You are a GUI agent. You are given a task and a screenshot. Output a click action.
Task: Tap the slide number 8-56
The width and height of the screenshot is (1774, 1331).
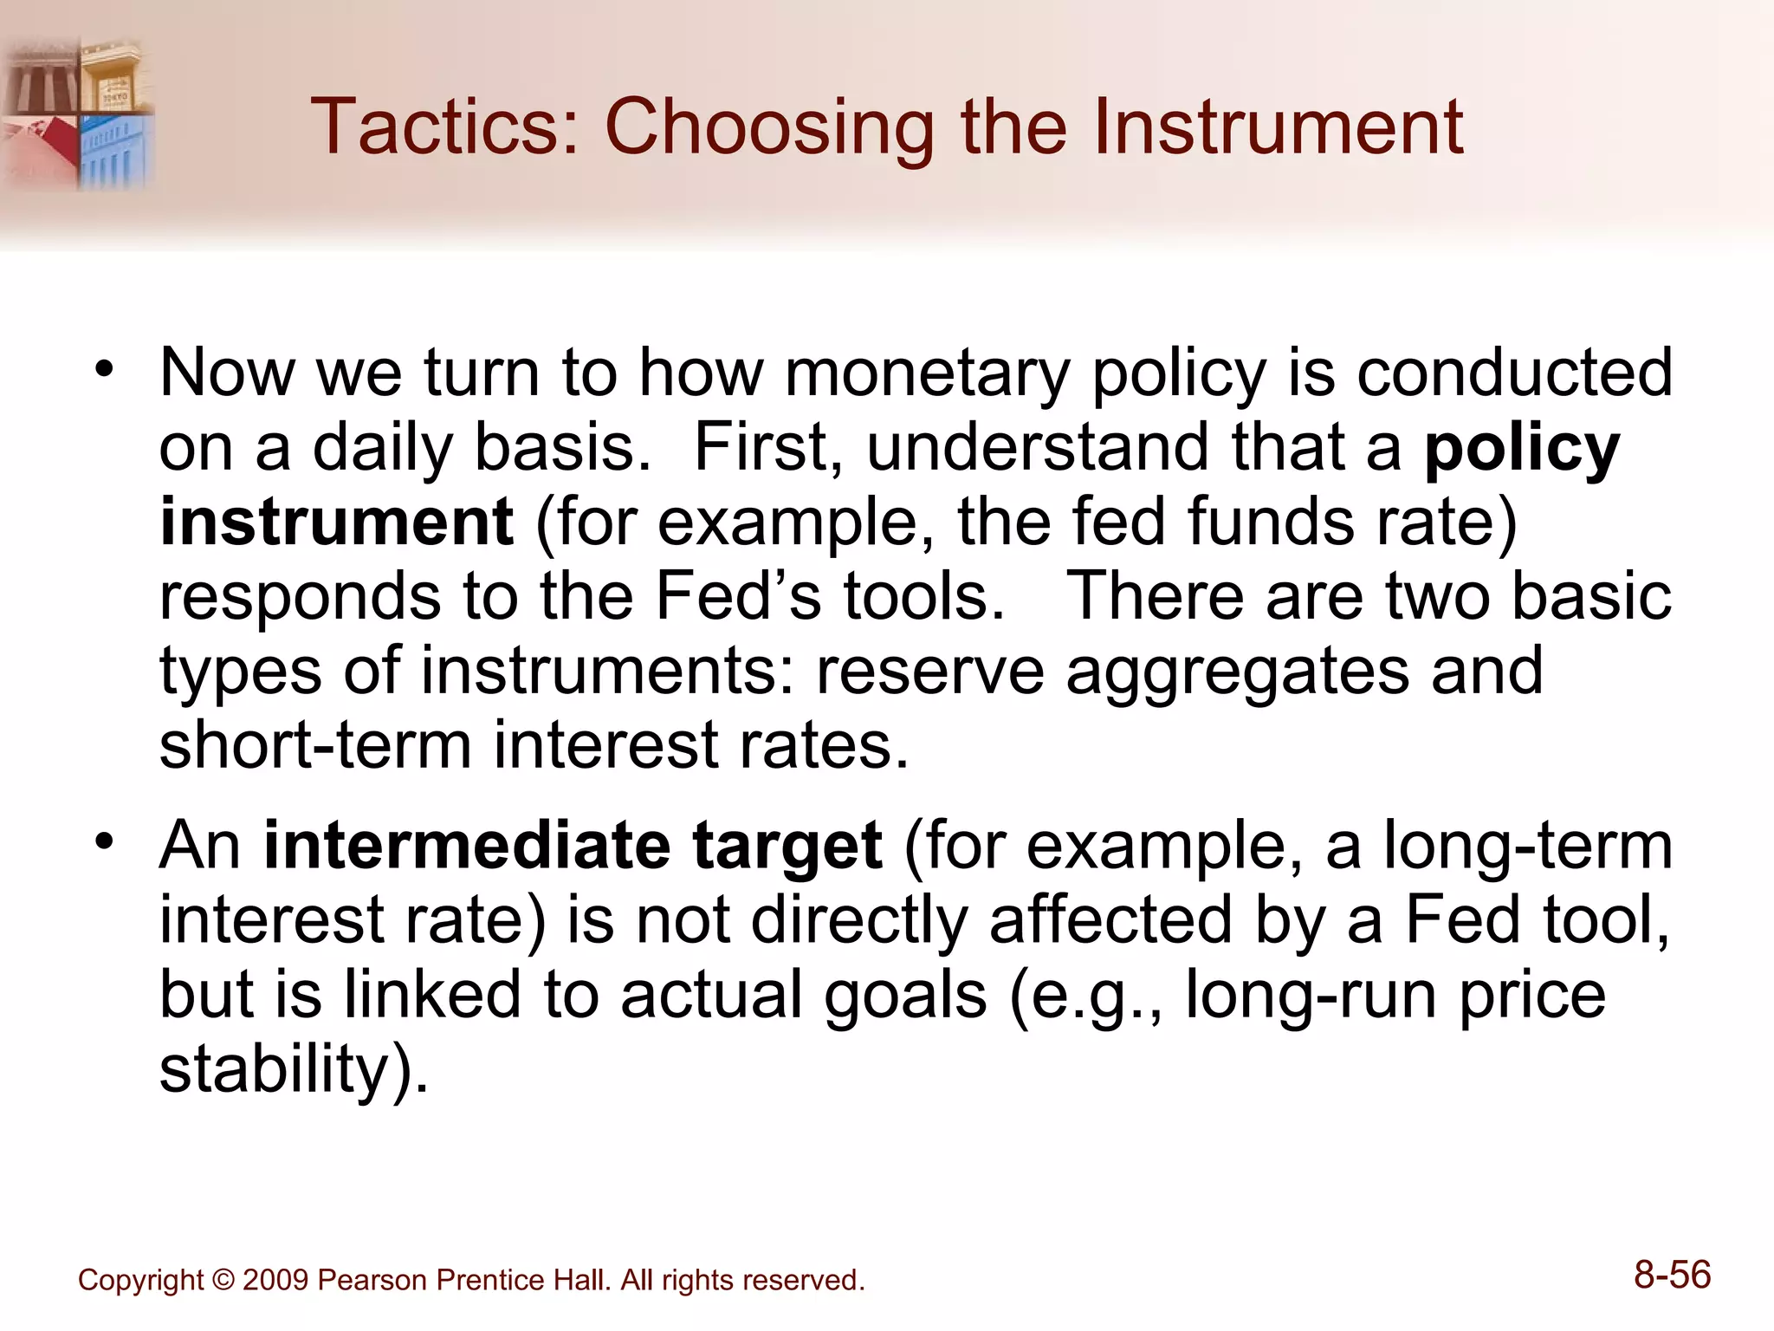click(1672, 1276)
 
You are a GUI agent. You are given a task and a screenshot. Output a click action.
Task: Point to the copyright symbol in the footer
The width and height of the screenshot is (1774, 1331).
click(223, 1280)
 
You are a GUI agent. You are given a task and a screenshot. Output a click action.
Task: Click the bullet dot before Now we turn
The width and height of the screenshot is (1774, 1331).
click(105, 372)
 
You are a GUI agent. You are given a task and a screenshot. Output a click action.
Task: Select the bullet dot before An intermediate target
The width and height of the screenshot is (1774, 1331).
click(105, 842)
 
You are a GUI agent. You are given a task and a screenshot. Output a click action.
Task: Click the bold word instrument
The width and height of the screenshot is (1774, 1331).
click(337, 522)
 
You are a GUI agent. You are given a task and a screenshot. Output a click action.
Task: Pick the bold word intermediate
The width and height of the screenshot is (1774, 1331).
click(467, 845)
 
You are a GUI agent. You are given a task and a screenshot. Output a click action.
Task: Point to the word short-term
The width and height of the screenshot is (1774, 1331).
click(315, 745)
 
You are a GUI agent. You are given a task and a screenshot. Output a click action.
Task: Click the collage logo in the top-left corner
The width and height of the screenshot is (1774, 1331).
click(78, 113)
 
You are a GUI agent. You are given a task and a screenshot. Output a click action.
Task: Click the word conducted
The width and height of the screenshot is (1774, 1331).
click(1514, 373)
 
